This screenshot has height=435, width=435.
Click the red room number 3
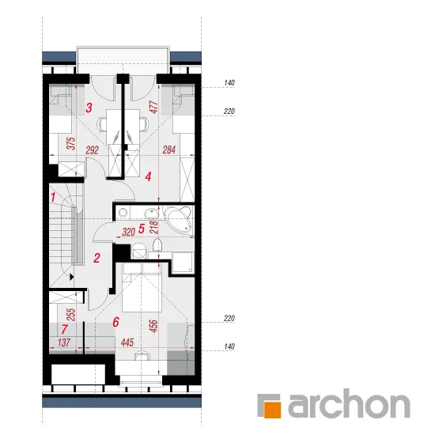tap(89, 108)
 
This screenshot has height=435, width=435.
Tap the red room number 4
tap(149, 176)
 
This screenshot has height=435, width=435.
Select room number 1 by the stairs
tap(53, 197)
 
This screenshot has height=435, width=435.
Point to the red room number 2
tap(96, 258)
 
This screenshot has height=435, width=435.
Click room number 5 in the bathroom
tap(142, 229)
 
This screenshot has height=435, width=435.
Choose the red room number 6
tap(116, 322)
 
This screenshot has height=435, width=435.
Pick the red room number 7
tap(64, 329)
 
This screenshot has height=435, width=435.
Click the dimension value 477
tap(153, 107)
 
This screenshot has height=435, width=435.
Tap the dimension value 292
tap(92, 150)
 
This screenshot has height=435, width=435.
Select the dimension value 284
tap(169, 150)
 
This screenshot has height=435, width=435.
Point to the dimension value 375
tap(71, 143)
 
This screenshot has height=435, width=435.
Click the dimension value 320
tap(128, 232)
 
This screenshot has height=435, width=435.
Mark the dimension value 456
tap(153, 326)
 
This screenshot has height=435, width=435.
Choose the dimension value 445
tap(127, 342)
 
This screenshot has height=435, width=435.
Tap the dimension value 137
tap(64, 342)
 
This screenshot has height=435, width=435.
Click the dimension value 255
tap(71, 315)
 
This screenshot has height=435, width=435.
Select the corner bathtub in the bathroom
tap(178, 220)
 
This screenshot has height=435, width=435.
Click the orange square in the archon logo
tap(272, 409)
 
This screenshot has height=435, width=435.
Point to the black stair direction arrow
tap(72, 277)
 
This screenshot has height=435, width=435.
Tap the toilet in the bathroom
tap(157, 244)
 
